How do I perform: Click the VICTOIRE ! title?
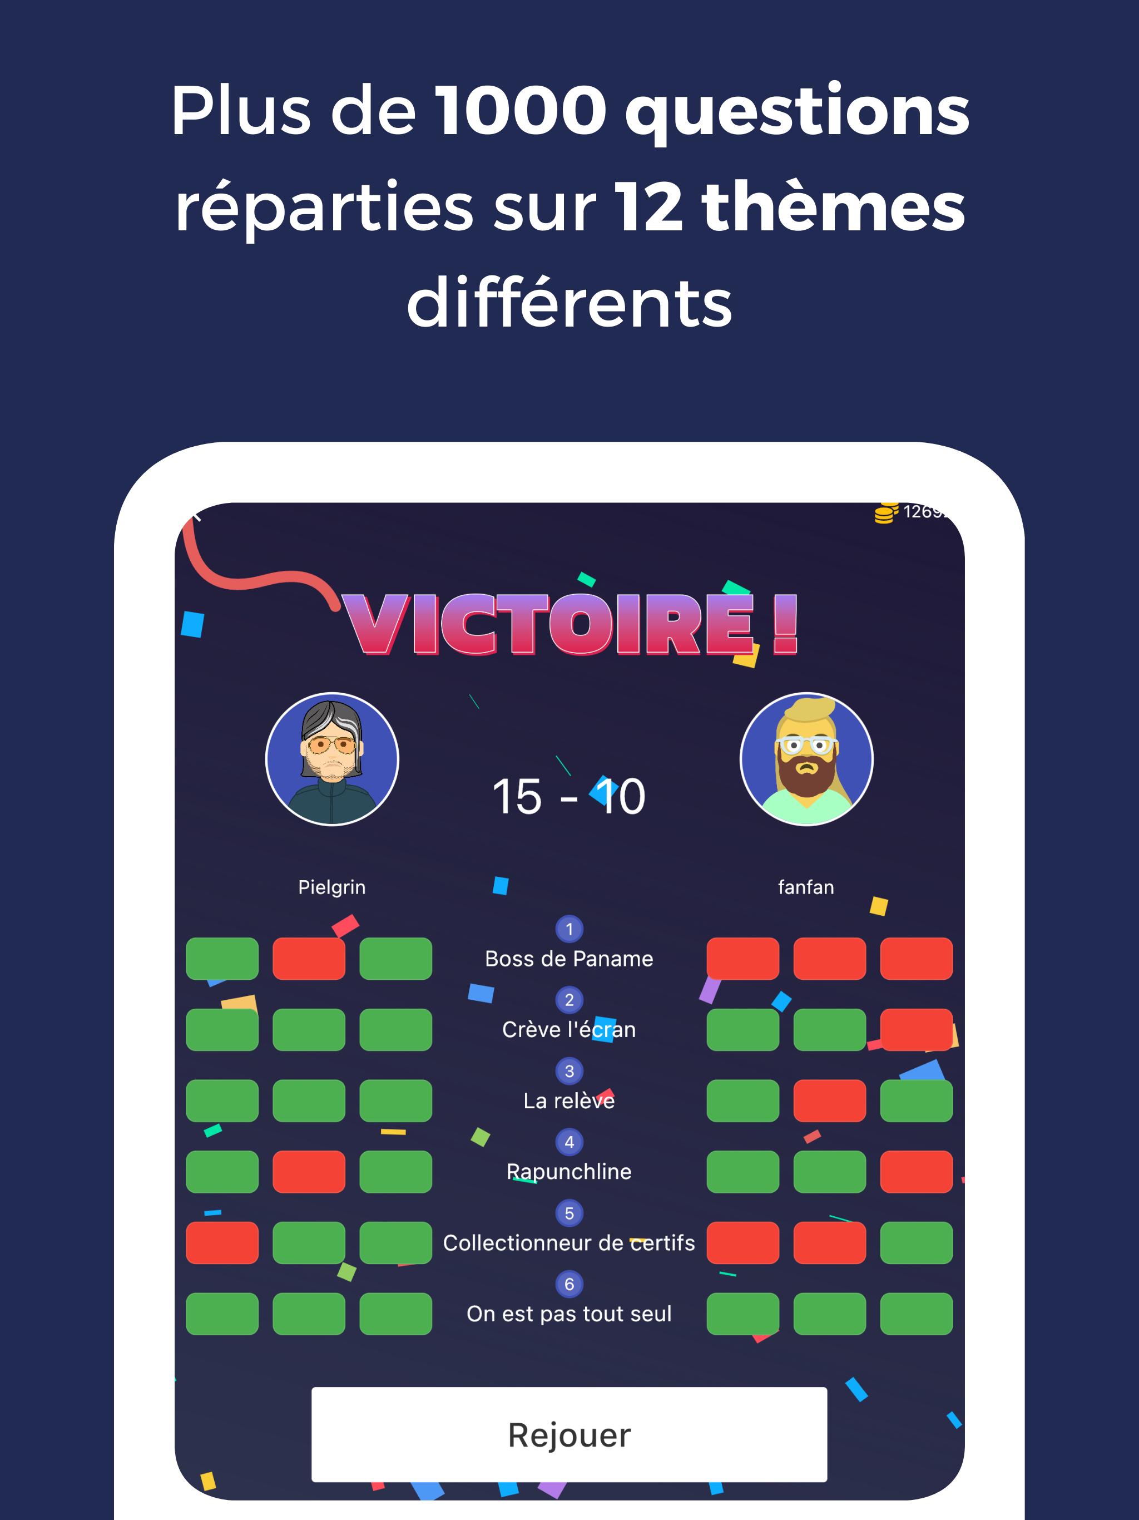pos(570,624)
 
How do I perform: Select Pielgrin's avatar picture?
pos(332,759)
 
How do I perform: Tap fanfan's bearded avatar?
pos(806,759)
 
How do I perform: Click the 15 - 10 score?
pos(569,797)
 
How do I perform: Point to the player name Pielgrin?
pos(332,887)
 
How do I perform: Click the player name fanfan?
pos(806,887)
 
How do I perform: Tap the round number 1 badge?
pos(569,929)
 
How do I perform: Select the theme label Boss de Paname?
pos(569,959)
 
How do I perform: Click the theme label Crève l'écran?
pos(569,1029)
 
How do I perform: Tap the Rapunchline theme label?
pos(569,1172)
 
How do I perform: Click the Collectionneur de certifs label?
pos(569,1242)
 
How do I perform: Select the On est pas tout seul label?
pos(569,1314)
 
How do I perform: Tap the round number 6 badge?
pos(569,1284)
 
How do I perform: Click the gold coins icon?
pos(886,512)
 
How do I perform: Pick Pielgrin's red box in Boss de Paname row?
pos(309,959)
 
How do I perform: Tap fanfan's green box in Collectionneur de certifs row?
pos(917,1242)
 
